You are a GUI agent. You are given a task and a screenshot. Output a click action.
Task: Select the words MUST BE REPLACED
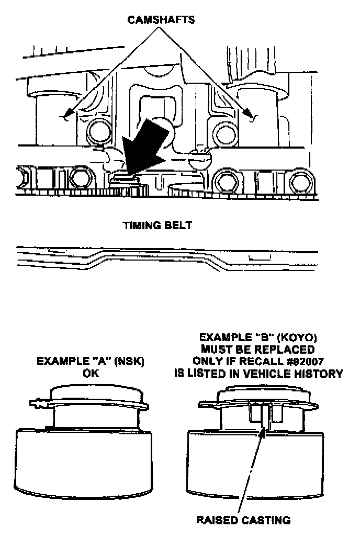[x=260, y=350]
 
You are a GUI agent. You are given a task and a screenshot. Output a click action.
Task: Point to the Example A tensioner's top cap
[x=90, y=393]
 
